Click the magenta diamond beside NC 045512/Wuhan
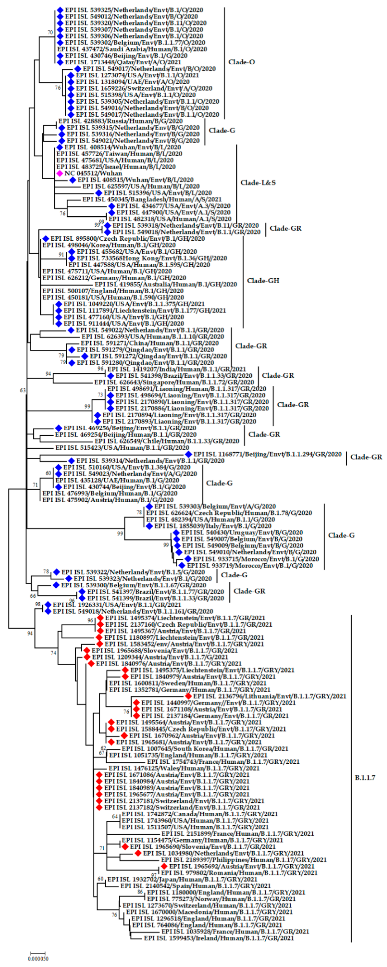[59, 173]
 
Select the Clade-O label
[241, 62]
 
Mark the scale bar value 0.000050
[38, 958]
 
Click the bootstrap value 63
[23, 390]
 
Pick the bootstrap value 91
[62, 254]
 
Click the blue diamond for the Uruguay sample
[176, 533]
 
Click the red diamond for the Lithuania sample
[188, 696]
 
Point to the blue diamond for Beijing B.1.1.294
[188, 454]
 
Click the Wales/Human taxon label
[184, 768]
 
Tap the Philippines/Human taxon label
[244, 860]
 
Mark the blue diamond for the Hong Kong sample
[71, 258]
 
